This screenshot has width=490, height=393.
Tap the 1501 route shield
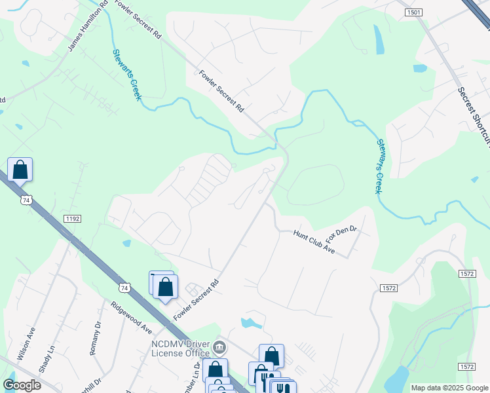coord(413,12)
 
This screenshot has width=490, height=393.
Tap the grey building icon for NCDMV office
coord(220,346)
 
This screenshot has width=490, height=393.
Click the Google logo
coord(22,385)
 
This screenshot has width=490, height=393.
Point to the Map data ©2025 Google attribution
coord(449,388)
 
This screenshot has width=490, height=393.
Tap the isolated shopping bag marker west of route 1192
coord(20,170)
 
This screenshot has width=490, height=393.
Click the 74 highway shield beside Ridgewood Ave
coord(124,287)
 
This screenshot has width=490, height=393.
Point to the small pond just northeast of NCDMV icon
coord(251,322)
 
